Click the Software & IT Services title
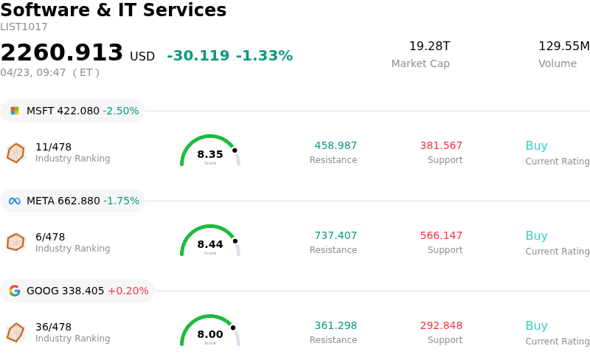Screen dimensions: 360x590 click(114, 11)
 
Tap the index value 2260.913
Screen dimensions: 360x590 click(62, 53)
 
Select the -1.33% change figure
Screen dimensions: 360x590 click(264, 56)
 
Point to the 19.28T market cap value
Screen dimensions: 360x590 click(429, 46)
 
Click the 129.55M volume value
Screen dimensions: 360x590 click(563, 46)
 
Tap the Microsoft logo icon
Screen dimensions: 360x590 click(15, 111)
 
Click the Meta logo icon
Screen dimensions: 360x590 click(15, 201)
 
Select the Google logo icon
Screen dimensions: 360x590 click(15, 291)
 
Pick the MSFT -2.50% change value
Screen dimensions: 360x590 click(121, 111)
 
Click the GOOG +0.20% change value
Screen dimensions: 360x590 click(128, 291)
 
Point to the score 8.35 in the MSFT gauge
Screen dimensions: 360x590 click(210, 154)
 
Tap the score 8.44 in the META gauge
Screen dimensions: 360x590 click(210, 244)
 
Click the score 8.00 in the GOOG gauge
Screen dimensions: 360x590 click(210, 334)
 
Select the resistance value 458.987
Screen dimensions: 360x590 click(336, 146)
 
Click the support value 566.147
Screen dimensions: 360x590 click(441, 236)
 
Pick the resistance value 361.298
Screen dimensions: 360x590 click(336, 326)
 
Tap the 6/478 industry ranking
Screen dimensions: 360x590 click(50, 237)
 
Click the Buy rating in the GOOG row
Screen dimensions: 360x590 click(536, 326)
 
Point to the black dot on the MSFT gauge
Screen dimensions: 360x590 click(235, 150)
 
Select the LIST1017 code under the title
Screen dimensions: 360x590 click(24, 27)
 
